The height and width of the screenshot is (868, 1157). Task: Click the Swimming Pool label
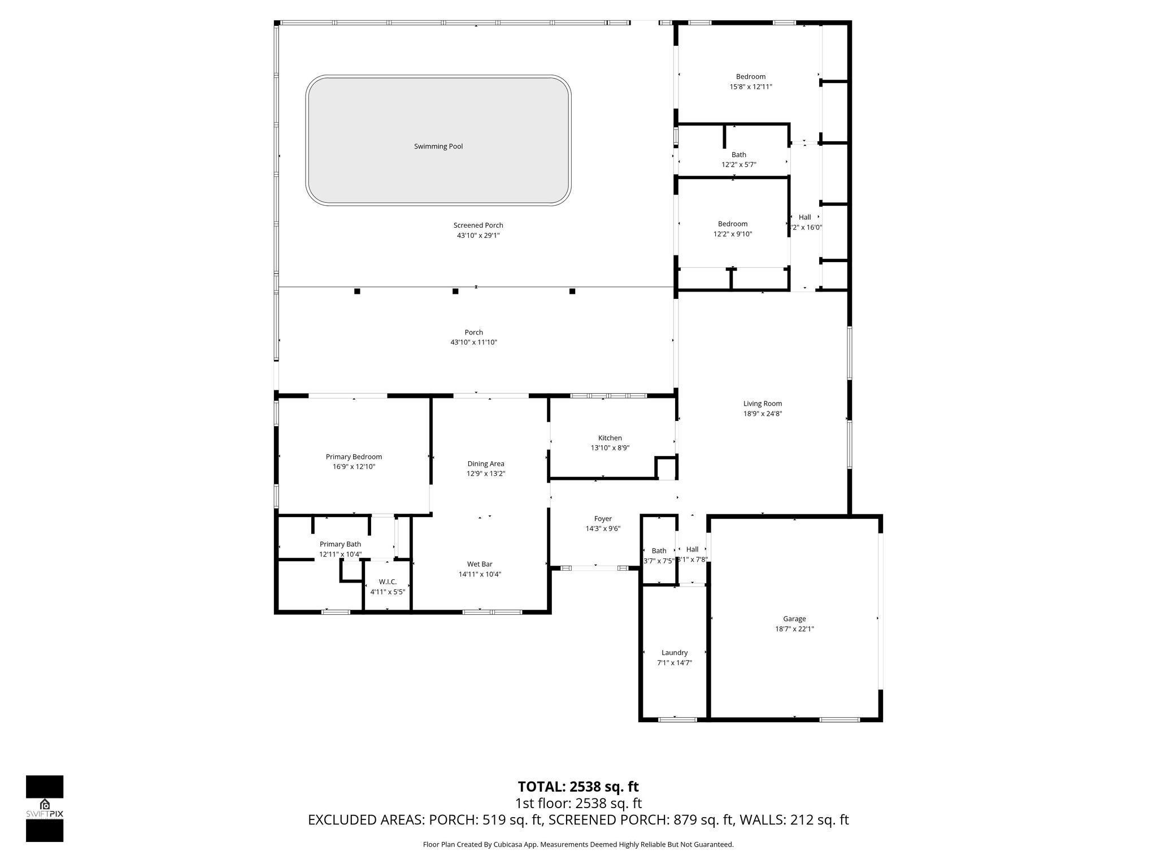pos(438,146)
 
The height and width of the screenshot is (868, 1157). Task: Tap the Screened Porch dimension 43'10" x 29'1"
pos(478,236)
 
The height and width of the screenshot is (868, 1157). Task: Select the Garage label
pos(794,619)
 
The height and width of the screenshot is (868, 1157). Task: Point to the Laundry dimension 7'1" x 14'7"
pos(674,663)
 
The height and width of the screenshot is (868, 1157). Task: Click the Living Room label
pos(762,403)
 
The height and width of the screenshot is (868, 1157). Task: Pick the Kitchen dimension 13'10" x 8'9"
pos(610,448)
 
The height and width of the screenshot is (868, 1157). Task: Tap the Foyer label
pos(603,519)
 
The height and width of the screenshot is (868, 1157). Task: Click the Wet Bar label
pos(479,564)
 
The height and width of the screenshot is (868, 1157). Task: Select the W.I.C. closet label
pos(388,581)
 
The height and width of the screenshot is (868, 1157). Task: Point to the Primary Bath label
pos(340,544)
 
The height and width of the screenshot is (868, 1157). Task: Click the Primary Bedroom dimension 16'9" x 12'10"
pos(354,467)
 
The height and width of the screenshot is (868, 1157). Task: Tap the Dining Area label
pos(485,464)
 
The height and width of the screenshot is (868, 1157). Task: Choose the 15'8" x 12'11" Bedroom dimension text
pos(750,87)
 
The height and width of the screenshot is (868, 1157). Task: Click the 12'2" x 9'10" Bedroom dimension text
pos(732,234)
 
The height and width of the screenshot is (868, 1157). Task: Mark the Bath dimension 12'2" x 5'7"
pos(738,164)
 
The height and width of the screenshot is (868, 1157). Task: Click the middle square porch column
pos(455,292)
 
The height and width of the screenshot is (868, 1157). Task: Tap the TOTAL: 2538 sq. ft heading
pos(578,787)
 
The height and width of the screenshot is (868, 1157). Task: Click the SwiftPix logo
pos(45,808)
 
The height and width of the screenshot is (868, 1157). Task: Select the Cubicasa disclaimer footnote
pos(578,844)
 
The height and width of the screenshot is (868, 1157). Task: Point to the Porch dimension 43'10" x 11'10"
pos(473,342)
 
